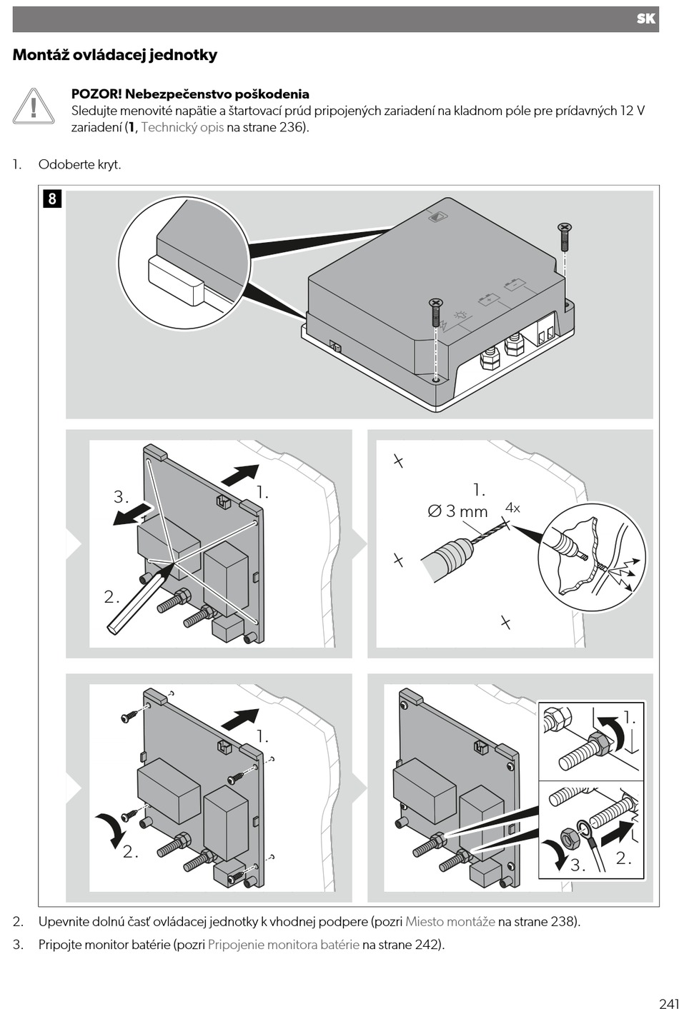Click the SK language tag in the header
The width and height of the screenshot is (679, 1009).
tap(645, 19)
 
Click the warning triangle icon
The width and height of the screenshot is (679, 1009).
tap(34, 107)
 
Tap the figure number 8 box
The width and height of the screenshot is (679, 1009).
tap(52, 199)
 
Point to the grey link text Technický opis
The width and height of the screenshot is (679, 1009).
tap(182, 127)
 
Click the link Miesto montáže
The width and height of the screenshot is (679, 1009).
tap(450, 922)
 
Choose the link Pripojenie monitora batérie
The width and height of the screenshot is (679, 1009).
tap(283, 945)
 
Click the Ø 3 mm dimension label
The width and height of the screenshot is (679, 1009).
tap(457, 511)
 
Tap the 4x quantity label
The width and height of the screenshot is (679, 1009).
tap(512, 508)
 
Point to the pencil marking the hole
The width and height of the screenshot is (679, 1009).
tap(141, 596)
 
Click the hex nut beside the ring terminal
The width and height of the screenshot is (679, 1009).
tap(569, 837)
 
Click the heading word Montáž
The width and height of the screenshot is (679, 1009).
tap(41, 55)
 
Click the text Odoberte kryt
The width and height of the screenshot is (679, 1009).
tap(80, 164)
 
